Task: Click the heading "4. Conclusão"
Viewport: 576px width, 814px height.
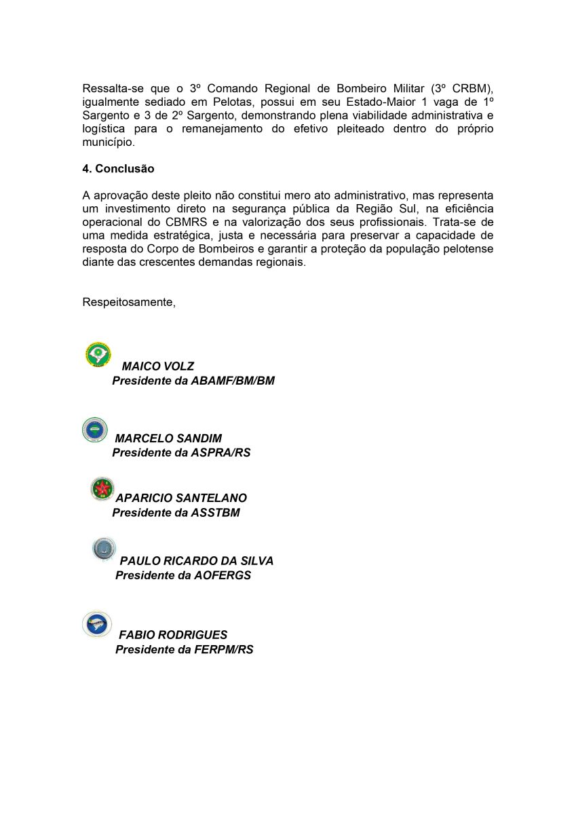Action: (x=118, y=169)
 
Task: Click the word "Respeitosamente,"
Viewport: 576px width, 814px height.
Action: (x=129, y=302)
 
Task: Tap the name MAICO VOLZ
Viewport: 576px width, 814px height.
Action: (x=157, y=366)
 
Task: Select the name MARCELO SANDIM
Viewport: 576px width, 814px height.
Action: (x=168, y=438)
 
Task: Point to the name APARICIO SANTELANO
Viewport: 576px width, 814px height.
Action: (x=181, y=498)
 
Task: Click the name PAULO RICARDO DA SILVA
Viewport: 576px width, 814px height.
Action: (x=197, y=561)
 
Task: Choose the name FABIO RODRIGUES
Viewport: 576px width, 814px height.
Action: (x=173, y=635)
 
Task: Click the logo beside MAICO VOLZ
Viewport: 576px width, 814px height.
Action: (x=98, y=354)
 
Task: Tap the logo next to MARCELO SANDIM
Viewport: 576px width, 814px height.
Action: (x=95, y=430)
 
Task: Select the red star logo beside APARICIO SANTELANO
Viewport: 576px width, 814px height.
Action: (x=102, y=488)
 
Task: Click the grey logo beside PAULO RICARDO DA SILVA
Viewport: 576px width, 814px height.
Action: (x=104, y=549)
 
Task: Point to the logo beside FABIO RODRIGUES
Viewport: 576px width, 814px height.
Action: (x=97, y=624)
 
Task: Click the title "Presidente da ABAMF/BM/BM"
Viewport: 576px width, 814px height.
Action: (x=193, y=381)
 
